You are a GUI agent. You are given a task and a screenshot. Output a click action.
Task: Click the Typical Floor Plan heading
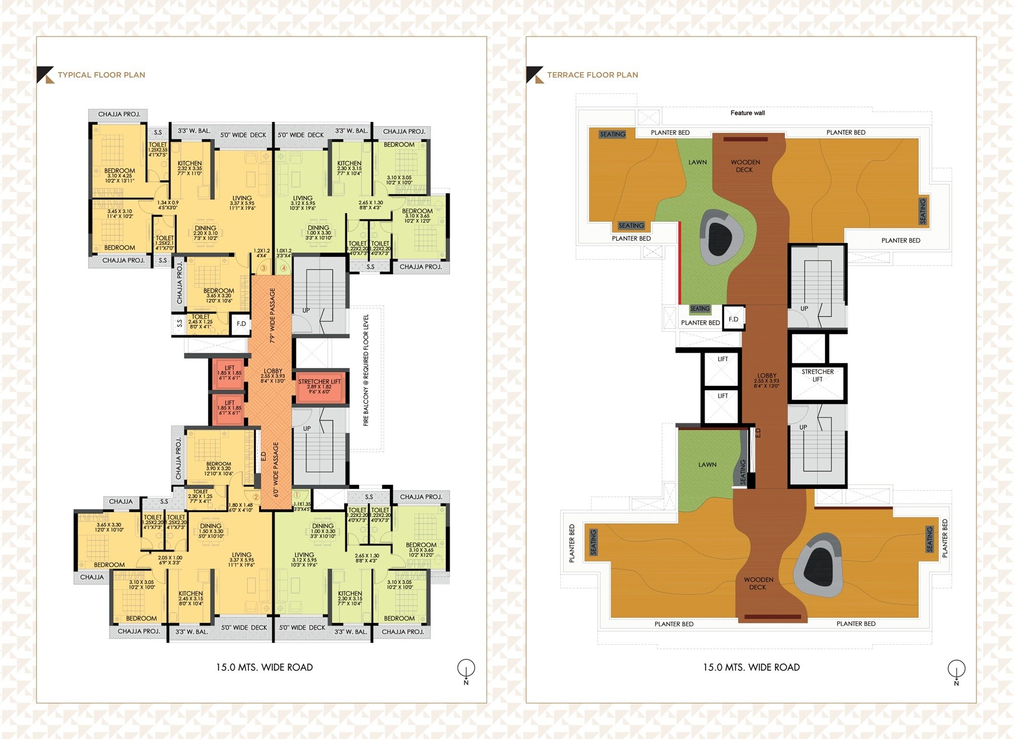[101, 75]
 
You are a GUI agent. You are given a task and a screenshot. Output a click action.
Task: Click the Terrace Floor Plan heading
[592, 75]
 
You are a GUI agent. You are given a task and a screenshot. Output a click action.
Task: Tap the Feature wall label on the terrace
[747, 113]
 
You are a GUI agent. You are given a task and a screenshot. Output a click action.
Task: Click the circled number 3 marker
[263, 268]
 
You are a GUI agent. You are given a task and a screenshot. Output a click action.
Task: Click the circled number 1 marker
[297, 495]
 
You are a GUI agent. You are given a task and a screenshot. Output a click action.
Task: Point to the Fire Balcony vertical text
[366, 370]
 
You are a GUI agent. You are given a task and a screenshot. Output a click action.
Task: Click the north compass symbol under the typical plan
[466, 668]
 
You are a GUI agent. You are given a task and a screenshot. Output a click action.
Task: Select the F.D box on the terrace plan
[733, 319]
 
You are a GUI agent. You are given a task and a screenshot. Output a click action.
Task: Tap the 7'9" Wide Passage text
[272, 315]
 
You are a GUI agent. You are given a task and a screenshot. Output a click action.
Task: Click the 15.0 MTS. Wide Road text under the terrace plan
[751, 667]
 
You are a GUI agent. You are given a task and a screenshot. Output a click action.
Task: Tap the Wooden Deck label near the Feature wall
[745, 166]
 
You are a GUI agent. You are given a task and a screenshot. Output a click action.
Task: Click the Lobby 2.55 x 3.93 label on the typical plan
[273, 375]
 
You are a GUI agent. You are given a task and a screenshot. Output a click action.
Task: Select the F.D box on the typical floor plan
[241, 324]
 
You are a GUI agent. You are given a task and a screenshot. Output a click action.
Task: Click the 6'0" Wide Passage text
[276, 469]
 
